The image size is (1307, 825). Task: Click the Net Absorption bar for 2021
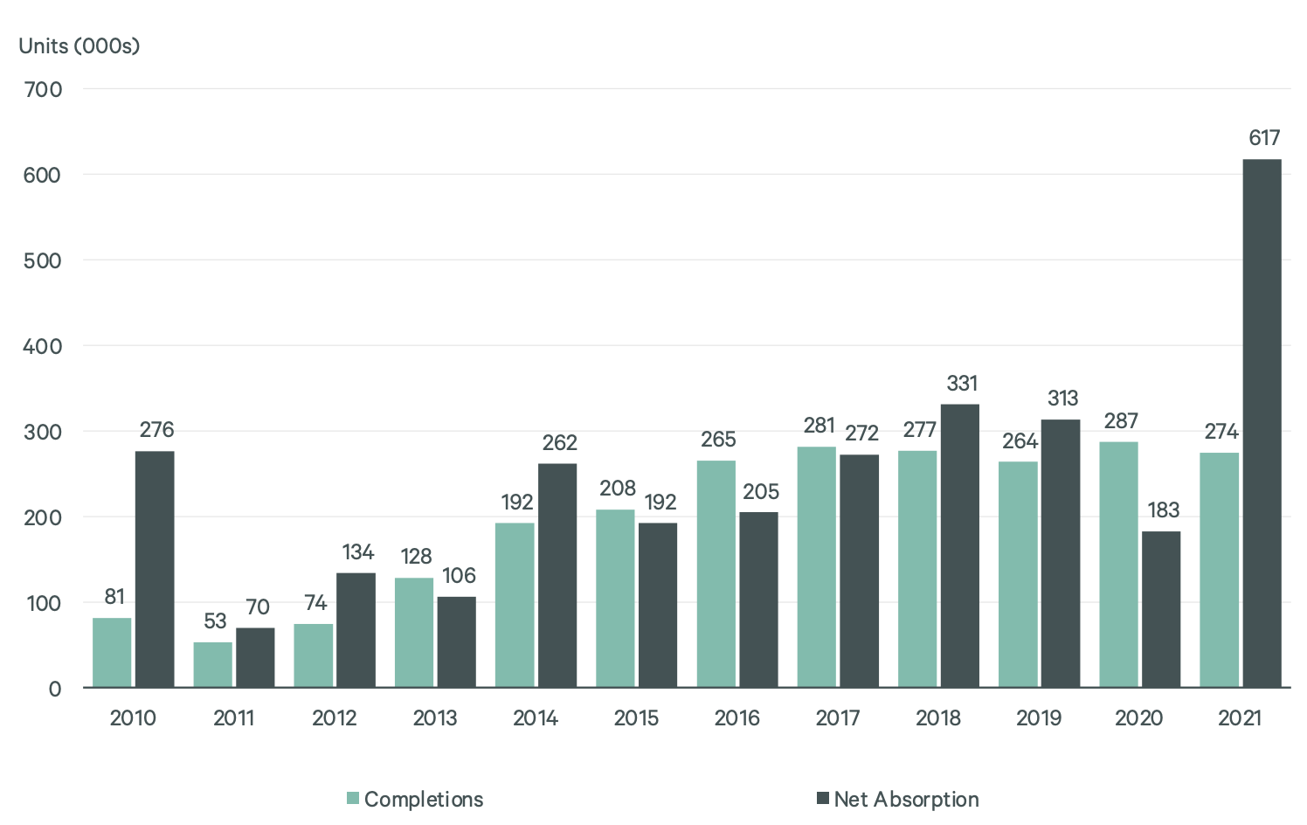point(1262,423)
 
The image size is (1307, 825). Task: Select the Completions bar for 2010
point(112,652)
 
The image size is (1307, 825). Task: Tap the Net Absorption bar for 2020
point(1161,609)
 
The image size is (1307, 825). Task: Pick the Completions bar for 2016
point(716,573)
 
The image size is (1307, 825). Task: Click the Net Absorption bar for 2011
point(255,657)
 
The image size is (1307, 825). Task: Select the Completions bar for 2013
point(414,632)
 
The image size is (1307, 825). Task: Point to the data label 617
point(1264,138)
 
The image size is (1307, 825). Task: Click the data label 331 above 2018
point(962,384)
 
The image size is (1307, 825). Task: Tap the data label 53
point(215,621)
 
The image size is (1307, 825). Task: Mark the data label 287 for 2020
point(1121,421)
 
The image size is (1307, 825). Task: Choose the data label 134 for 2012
point(357,552)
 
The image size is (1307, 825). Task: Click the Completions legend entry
point(415,799)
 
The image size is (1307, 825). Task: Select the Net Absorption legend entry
point(898,799)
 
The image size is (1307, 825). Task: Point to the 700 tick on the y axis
point(44,89)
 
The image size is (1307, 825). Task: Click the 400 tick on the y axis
point(44,346)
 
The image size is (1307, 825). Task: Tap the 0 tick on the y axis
point(55,689)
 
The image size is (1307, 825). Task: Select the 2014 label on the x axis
point(536,718)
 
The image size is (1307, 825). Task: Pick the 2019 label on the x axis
point(1039,718)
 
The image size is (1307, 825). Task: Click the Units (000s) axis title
point(80,46)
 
